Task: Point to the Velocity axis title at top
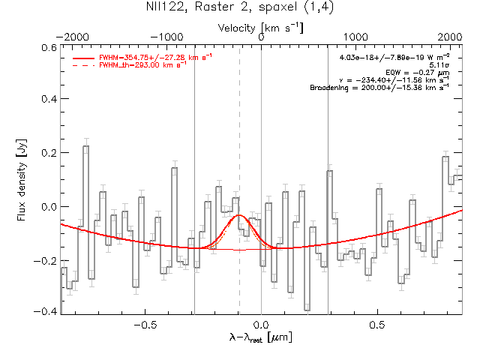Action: [260, 28]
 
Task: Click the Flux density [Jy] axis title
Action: [22, 180]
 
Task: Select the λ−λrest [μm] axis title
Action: [260, 337]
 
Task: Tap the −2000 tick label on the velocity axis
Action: [73, 37]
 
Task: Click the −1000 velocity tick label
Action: [166, 37]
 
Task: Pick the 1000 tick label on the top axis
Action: [355, 37]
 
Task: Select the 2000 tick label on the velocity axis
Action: [449, 37]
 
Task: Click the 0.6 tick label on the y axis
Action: [49, 48]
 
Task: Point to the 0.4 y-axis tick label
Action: [49, 99]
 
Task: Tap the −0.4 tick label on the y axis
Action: [45, 312]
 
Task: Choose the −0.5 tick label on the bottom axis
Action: [145, 325]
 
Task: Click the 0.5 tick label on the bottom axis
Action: [377, 325]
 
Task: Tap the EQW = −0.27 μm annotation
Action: [418, 73]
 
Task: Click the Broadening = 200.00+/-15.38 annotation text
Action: [379, 88]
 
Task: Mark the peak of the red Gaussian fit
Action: [239, 215]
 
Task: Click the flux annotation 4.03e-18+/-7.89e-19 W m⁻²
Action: [394, 57]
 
